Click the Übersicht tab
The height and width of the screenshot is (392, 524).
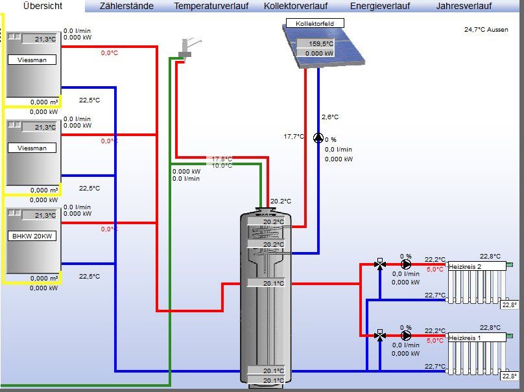[x=42, y=6]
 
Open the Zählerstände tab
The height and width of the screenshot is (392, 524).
[x=126, y=6]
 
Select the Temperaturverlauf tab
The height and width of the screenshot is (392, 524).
[x=211, y=6]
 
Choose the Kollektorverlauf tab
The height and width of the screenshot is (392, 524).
[x=296, y=6]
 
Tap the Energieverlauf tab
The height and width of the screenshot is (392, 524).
[x=380, y=6]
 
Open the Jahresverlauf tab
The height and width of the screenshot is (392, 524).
[x=464, y=6]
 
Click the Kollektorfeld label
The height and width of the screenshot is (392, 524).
[x=315, y=23]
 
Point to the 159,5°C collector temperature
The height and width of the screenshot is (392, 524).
[x=320, y=44]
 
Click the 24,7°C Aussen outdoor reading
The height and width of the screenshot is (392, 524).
[x=486, y=30]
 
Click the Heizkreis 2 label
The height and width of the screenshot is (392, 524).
[x=465, y=266]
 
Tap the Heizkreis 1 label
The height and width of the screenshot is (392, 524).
[x=465, y=338]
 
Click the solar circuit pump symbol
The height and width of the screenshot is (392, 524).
[x=318, y=138]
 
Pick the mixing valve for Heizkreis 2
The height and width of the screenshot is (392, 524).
[x=380, y=264]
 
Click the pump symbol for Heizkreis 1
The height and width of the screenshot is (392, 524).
[x=406, y=336]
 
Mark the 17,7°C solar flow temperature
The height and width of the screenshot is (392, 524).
[x=294, y=137]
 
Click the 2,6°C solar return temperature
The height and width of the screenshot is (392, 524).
[x=330, y=117]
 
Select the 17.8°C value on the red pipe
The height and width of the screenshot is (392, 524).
[x=222, y=159]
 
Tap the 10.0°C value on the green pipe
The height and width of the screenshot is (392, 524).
[x=222, y=166]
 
